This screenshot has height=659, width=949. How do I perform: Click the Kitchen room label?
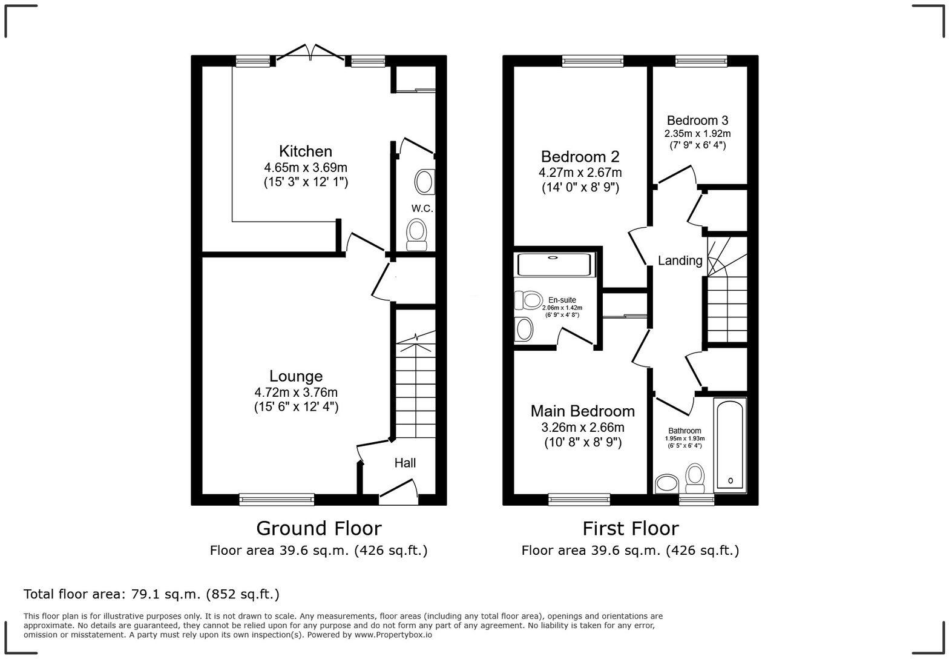click(x=305, y=151)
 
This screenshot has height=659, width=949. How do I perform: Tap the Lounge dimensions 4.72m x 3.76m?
click(x=296, y=392)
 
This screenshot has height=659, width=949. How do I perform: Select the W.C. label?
click(x=422, y=208)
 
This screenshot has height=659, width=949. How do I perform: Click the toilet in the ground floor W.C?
click(x=416, y=234)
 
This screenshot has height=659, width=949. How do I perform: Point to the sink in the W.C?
click(x=424, y=182)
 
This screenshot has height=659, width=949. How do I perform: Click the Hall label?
click(x=405, y=463)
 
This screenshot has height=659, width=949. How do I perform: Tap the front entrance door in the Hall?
click(x=398, y=491)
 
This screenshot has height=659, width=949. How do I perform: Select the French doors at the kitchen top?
click(x=310, y=53)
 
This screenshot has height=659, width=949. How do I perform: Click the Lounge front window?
click(x=277, y=499)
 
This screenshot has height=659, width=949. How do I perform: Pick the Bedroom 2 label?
click(x=580, y=157)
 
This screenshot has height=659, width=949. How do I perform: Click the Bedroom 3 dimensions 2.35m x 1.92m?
click(x=697, y=134)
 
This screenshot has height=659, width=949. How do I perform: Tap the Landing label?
click(x=680, y=260)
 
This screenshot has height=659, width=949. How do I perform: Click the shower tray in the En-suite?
click(x=553, y=265)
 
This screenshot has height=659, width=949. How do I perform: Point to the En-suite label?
click(x=562, y=300)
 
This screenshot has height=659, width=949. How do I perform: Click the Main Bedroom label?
click(x=582, y=411)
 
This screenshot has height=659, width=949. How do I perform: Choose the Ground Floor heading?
click(x=318, y=528)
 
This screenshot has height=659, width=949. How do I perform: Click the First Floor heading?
click(x=630, y=528)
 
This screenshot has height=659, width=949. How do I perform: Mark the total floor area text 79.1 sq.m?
click(x=151, y=594)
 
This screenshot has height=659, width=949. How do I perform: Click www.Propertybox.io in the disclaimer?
click(x=393, y=635)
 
